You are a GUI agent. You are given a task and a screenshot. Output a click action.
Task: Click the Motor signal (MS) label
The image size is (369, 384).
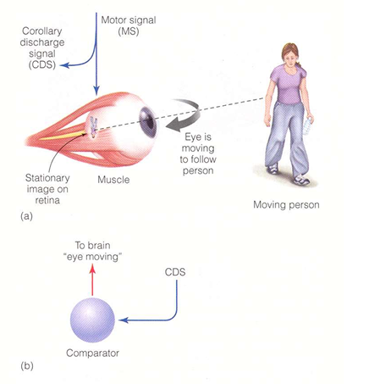pos(129,25)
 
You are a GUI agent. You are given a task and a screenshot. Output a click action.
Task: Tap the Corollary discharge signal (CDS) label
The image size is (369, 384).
pos(42,48)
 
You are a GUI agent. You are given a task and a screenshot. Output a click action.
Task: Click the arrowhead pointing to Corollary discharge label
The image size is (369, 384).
pos(65,65)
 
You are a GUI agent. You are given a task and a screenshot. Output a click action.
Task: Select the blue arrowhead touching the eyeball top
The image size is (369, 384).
pos(96,91)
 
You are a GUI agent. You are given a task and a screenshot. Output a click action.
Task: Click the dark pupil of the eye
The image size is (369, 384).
pos(148,123)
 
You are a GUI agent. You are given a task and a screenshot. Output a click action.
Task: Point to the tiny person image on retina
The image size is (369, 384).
pos(93,127)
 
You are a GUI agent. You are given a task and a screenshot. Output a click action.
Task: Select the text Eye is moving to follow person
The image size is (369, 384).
pos(198,153)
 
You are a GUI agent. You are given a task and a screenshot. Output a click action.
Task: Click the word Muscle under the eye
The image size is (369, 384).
pos(113,180)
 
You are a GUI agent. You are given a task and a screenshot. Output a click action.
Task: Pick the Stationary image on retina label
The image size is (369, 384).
pos(47,189)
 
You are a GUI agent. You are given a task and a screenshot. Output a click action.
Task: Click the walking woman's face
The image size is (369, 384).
pos(289,55)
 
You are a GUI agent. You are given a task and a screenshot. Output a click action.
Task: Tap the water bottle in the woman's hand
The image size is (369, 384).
pos(309,126)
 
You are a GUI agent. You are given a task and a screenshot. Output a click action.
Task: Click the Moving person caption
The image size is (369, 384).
pos(286,204)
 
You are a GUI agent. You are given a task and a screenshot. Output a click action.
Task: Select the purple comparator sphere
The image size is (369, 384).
pos(92,320)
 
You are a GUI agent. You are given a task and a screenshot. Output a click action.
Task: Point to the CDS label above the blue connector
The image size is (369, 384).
pos(175,272)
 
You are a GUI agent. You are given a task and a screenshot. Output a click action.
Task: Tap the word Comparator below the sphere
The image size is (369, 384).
pos(92,353)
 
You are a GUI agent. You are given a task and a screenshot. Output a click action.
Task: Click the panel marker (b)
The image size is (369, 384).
pos(27,366)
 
